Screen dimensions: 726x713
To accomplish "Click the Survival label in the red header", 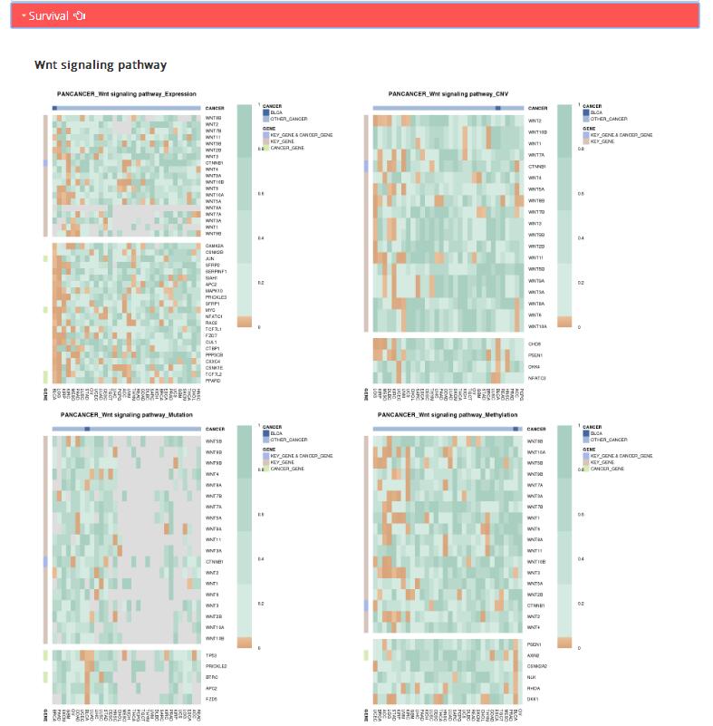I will coord(48,15).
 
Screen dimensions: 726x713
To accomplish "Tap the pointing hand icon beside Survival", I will coord(79,15).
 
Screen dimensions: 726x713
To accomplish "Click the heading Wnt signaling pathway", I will coord(101,65).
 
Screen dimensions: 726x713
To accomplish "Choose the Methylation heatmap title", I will coord(448,414).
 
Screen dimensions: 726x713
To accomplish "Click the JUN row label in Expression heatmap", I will coord(210,258).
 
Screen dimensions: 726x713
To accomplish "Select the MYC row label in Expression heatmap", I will coord(211,310).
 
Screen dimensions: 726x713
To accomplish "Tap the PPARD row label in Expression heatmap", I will coord(213,380).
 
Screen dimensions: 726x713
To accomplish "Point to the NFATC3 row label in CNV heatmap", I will coord(536,377).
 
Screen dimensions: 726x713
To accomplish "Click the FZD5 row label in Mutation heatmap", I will coord(211,700).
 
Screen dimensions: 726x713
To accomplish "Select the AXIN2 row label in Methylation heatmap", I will coord(534,655).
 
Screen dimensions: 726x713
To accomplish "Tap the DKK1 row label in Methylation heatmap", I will coord(533,699).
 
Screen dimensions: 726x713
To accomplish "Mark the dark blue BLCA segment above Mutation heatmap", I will coord(87,428).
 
